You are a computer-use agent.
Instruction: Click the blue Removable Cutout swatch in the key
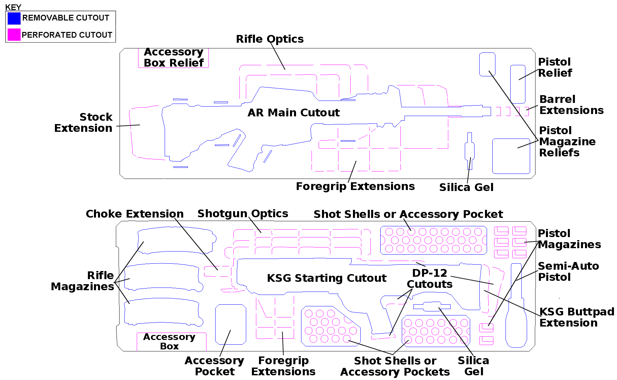click(14, 18)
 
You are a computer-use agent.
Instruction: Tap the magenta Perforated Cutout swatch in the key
click(14, 35)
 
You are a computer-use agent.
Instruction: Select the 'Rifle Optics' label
click(270, 39)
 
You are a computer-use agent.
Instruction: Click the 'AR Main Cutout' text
click(294, 113)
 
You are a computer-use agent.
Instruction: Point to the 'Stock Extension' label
click(84, 122)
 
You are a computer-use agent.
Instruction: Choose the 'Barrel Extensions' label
click(572, 105)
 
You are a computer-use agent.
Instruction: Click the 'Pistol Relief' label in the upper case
click(555, 67)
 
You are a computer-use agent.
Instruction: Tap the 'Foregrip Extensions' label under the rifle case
click(355, 187)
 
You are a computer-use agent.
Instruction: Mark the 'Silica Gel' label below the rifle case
click(466, 187)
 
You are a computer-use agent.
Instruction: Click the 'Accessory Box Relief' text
click(174, 57)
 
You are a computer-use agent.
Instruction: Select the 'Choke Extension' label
click(135, 214)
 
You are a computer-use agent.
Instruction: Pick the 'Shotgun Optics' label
click(243, 214)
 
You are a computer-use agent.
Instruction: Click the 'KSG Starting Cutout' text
click(327, 278)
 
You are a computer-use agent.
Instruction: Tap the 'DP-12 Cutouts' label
click(430, 279)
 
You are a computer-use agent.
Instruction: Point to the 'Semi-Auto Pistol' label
click(569, 271)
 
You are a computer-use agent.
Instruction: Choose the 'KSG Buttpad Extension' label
click(577, 317)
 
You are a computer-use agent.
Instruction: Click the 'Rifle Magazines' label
click(83, 281)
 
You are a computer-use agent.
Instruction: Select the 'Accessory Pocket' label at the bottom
click(215, 366)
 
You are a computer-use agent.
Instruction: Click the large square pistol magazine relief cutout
click(511, 156)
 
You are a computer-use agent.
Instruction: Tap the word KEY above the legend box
click(13, 7)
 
